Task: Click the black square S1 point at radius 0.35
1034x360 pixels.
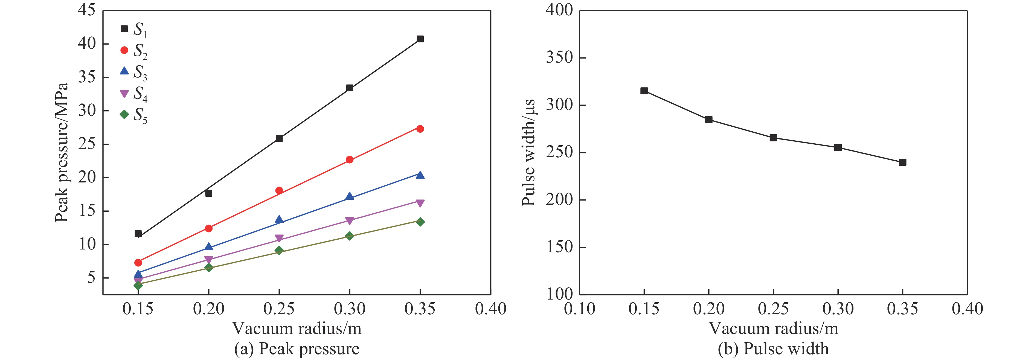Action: tap(420, 39)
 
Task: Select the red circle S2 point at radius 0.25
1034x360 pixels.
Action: tap(279, 190)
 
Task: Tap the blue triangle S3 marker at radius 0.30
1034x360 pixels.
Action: tap(350, 196)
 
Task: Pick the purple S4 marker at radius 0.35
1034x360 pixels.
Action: tap(420, 203)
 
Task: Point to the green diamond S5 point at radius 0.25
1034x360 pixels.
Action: tap(279, 251)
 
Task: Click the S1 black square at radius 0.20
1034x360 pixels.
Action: tap(209, 193)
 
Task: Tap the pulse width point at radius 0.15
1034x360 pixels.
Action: tap(644, 91)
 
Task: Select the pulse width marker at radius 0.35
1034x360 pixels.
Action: tap(903, 162)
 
